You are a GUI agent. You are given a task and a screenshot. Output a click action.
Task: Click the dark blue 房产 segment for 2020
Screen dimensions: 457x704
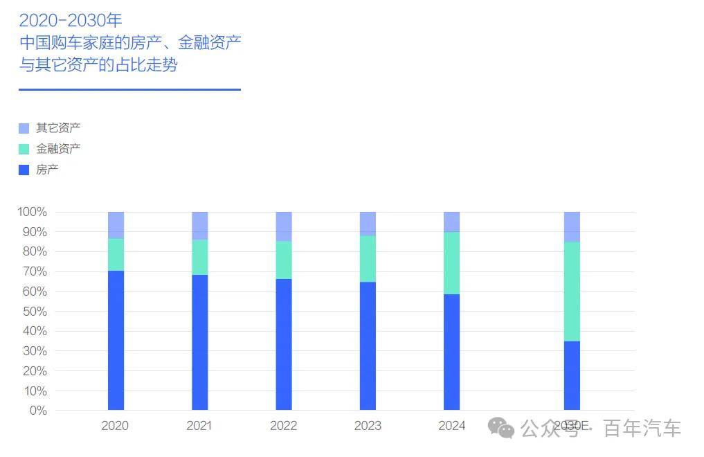(x=116, y=339)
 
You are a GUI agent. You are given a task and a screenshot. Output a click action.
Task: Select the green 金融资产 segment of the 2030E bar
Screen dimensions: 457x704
(x=572, y=291)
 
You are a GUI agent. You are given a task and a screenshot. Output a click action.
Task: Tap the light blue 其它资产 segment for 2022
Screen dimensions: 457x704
(x=284, y=226)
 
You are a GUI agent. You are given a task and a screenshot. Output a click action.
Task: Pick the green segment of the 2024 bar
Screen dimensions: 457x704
(x=451, y=262)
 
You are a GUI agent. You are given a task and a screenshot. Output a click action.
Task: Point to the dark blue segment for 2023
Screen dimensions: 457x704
(x=368, y=346)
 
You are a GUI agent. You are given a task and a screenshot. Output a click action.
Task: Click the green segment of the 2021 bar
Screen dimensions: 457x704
(x=200, y=257)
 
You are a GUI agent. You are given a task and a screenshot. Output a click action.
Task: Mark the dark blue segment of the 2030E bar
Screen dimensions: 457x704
(x=572, y=375)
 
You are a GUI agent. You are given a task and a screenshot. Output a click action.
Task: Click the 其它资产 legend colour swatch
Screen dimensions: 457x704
(x=24, y=128)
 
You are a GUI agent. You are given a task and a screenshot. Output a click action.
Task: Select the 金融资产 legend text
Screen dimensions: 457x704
(x=58, y=148)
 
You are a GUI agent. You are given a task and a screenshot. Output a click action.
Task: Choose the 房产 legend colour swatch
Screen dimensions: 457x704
(x=24, y=170)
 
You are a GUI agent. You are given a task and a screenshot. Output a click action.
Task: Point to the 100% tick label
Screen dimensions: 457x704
(x=32, y=212)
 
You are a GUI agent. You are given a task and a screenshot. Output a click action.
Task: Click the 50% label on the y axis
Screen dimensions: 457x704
(x=34, y=312)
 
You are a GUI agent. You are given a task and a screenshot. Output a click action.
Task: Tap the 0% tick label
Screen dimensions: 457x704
(x=37, y=411)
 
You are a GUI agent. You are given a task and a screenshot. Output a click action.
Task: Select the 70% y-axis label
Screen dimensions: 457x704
(x=34, y=271)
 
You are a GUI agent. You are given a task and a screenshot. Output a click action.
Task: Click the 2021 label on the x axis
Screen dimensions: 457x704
(x=199, y=426)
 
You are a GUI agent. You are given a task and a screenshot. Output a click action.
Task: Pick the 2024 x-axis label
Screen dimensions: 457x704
(x=451, y=426)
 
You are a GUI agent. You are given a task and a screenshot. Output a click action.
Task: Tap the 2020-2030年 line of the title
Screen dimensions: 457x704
(x=71, y=20)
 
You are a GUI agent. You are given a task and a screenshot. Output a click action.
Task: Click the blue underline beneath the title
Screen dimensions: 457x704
(x=129, y=89)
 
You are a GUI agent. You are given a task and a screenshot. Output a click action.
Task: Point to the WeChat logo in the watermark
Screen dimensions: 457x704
(x=501, y=428)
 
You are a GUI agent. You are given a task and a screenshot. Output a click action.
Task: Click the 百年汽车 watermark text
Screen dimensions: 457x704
(x=642, y=429)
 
